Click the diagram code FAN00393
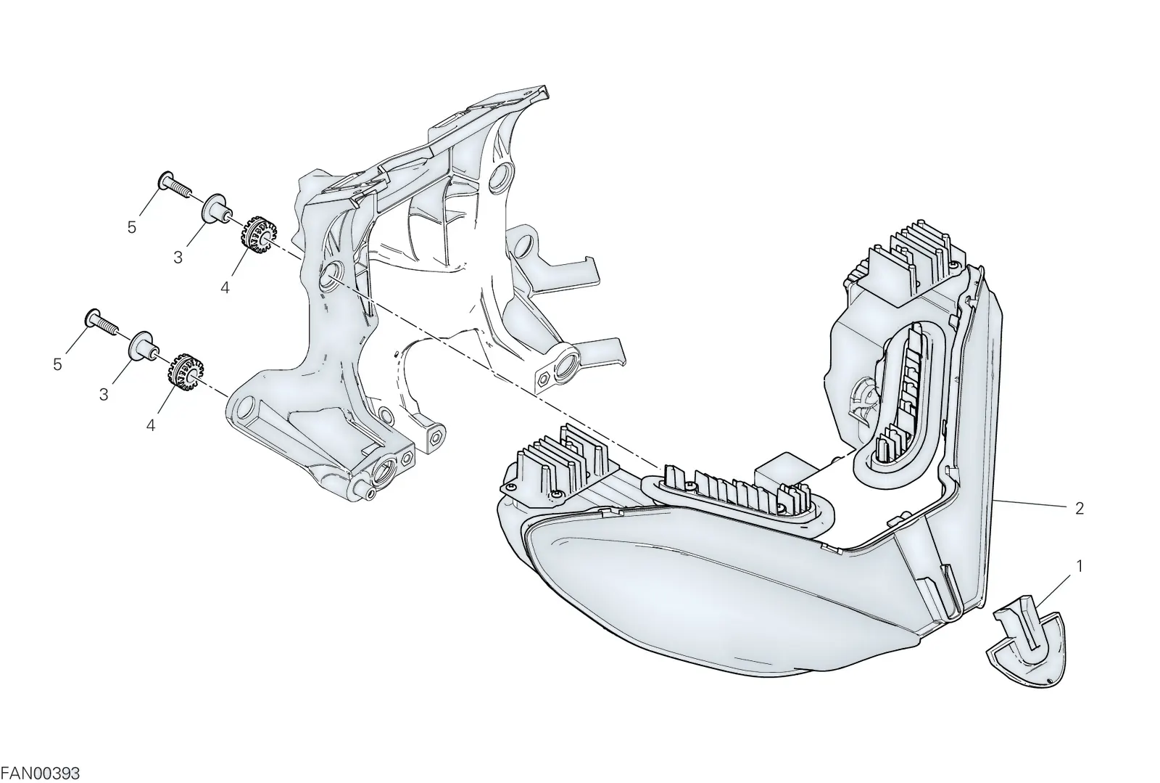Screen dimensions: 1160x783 click(x=41, y=773)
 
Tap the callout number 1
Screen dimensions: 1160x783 click(x=1080, y=567)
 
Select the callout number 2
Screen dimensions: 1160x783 click(x=1080, y=509)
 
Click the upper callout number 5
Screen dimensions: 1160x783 click(x=131, y=227)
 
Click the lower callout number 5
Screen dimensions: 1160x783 click(x=57, y=364)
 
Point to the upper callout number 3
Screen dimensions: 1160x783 click(x=178, y=257)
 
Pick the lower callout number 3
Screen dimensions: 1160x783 click(x=104, y=395)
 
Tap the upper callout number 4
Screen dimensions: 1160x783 click(x=225, y=287)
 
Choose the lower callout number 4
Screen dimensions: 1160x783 click(x=151, y=425)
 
